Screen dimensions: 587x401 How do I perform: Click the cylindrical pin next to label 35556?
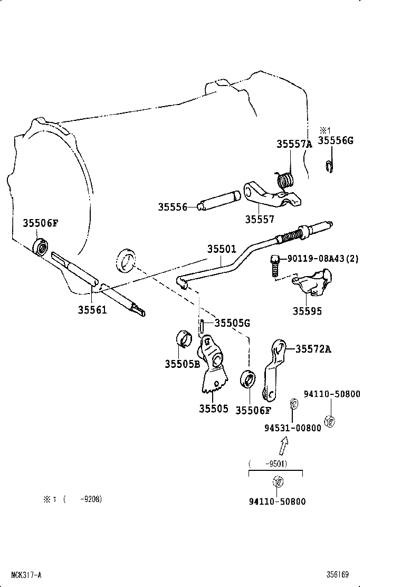click(218, 202)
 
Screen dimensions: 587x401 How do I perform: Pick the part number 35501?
click(221, 249)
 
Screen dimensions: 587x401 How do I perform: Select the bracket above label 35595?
click(313, 283)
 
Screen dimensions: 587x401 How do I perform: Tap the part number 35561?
click(92, 310)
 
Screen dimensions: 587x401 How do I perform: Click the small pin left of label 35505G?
click(202, 325)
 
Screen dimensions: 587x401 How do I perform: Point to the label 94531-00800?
click(292, 428)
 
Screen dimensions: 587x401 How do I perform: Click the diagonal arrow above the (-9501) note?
click(283, 447)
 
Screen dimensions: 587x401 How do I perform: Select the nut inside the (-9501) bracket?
click(277, 481)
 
